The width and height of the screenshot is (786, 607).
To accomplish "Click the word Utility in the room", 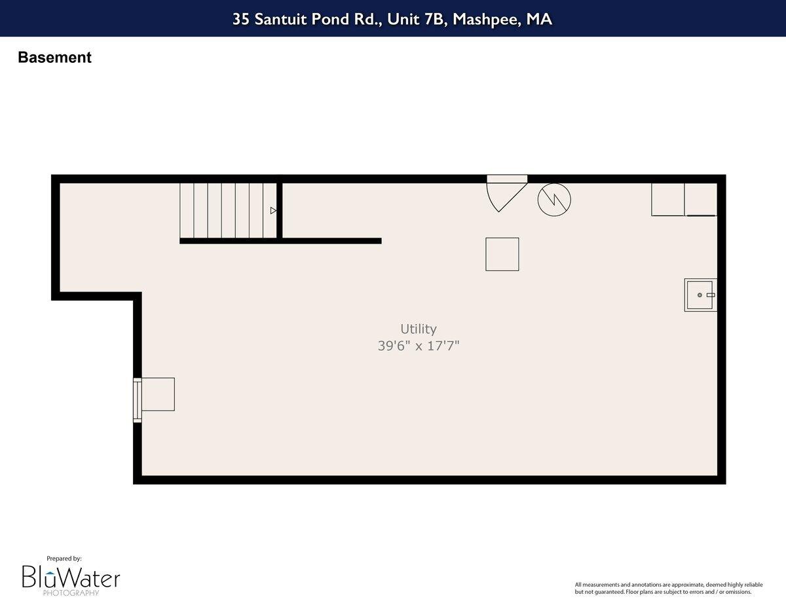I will coord(419,329).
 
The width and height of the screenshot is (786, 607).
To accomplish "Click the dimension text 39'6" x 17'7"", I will coord(419,346).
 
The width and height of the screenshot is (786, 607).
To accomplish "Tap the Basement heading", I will coord(54,58).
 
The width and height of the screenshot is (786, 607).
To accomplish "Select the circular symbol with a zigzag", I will coord(554,200).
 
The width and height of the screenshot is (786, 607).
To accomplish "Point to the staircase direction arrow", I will coord(273,211).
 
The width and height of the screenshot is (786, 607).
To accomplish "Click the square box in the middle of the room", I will coord(502,254).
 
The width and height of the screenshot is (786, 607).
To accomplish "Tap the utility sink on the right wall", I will coord(700,295).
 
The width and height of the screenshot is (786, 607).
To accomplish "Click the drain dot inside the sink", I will coord(700,295).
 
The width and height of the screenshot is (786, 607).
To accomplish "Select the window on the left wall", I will coord(137,400).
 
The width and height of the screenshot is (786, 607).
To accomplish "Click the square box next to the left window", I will coord(158,394).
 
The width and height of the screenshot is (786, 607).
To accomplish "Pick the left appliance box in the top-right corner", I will coord(667,199).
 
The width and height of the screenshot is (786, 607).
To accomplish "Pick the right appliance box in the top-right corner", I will coord(701,199).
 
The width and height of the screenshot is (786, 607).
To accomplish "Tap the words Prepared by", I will coord(64,559).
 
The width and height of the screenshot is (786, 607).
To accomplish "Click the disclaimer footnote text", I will coord(663,588).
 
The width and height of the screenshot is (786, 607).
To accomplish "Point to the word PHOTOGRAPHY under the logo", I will coord(71,593).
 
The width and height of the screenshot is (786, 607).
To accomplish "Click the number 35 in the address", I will coord(241,19).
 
